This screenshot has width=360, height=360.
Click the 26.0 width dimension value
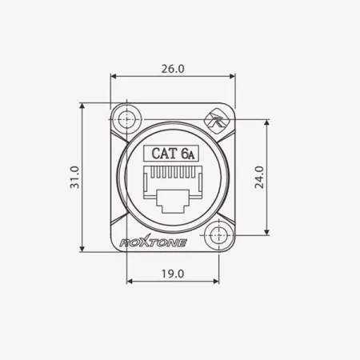click(x=173, y=69)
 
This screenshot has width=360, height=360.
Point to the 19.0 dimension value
click(x=173, y=273)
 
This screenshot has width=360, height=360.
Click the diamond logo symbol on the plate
click(x=215, y=122)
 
